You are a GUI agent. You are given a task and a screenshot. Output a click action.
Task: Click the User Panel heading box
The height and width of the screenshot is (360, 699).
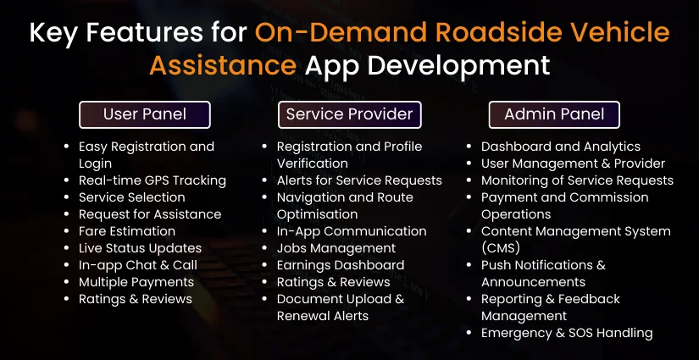[x=145, y=114]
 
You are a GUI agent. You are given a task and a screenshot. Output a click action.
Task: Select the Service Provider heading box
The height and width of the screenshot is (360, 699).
[x=349, y=114]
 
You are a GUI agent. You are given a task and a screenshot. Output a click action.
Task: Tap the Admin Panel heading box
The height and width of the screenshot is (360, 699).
[x=554, y=114]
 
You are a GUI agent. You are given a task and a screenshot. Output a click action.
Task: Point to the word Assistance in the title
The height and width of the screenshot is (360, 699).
[x=223, y=65]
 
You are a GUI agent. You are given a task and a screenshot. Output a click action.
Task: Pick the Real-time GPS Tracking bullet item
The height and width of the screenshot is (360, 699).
[x=153, y=180]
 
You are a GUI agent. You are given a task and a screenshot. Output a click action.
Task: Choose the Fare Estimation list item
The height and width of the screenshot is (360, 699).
[x=127, y=231]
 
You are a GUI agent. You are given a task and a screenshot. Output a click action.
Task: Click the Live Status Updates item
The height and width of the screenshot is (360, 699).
[x=140, y=248]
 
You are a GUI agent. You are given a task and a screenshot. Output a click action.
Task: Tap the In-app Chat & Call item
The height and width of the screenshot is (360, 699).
[x=138, y=265]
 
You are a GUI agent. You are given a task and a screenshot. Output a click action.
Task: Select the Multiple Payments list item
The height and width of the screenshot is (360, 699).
[x=136, y=282]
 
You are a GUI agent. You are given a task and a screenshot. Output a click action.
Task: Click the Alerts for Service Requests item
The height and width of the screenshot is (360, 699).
[x=359, y=180]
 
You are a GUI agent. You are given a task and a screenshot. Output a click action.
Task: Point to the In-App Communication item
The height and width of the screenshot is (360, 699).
[x=352, y=231]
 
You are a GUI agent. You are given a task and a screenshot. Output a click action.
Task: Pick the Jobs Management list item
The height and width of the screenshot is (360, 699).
[x=336, y=248]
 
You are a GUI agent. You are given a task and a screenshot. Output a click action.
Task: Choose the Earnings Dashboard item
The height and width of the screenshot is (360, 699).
[x=341, y=265]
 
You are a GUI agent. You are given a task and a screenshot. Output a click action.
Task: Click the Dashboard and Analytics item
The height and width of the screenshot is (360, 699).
[x=561, y=147]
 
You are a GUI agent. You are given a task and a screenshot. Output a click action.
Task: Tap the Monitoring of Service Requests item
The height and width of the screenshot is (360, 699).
[x=577, y=180]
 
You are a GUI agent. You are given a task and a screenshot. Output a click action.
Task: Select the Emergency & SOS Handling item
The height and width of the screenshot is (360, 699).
[x=567, y=333]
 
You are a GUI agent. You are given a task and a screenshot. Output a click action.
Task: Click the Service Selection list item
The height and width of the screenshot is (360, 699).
[x=131, y=197]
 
